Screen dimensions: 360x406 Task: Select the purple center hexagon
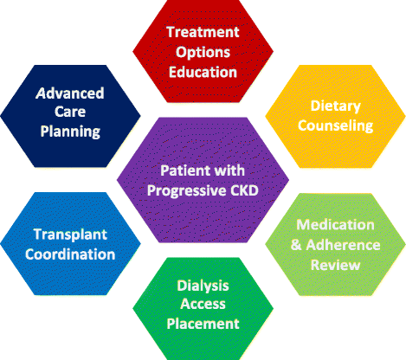point(203,178)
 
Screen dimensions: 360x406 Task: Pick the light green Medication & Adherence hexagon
point(336,244)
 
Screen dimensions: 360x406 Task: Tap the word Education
point(202,72)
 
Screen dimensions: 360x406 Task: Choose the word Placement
point(203,324)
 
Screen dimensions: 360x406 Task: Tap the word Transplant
point(73,234)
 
